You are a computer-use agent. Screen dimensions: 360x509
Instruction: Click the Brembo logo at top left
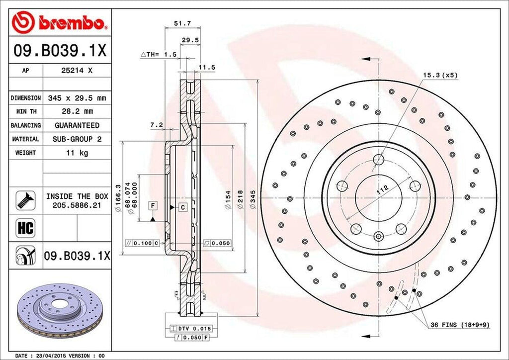pyautogui.click(x=60, y=22)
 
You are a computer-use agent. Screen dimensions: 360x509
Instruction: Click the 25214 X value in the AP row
pyautogui.click(x=77, y=71)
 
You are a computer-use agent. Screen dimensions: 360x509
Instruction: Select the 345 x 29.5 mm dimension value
pyautogui.click(x=77, y=98)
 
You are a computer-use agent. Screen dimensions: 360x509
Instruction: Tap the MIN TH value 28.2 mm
pyautogui.click(x=77, y=111)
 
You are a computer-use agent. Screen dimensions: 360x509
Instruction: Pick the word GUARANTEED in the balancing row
pyautogui.click(x=77, y=125)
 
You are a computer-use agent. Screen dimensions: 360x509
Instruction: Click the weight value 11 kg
pyautogui.click(x=77, y=153)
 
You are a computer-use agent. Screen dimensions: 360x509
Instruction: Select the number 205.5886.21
pyautogui.click(x=77, y=205)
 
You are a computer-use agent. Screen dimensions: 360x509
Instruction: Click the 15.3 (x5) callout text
pyautogui.click(x=440, y=75)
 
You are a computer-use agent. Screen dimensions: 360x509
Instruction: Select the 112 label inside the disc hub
pyautogui.click(x=382, y=189)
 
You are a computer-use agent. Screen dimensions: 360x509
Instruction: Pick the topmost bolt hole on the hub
pyautogui.click(x=379, y=160)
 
